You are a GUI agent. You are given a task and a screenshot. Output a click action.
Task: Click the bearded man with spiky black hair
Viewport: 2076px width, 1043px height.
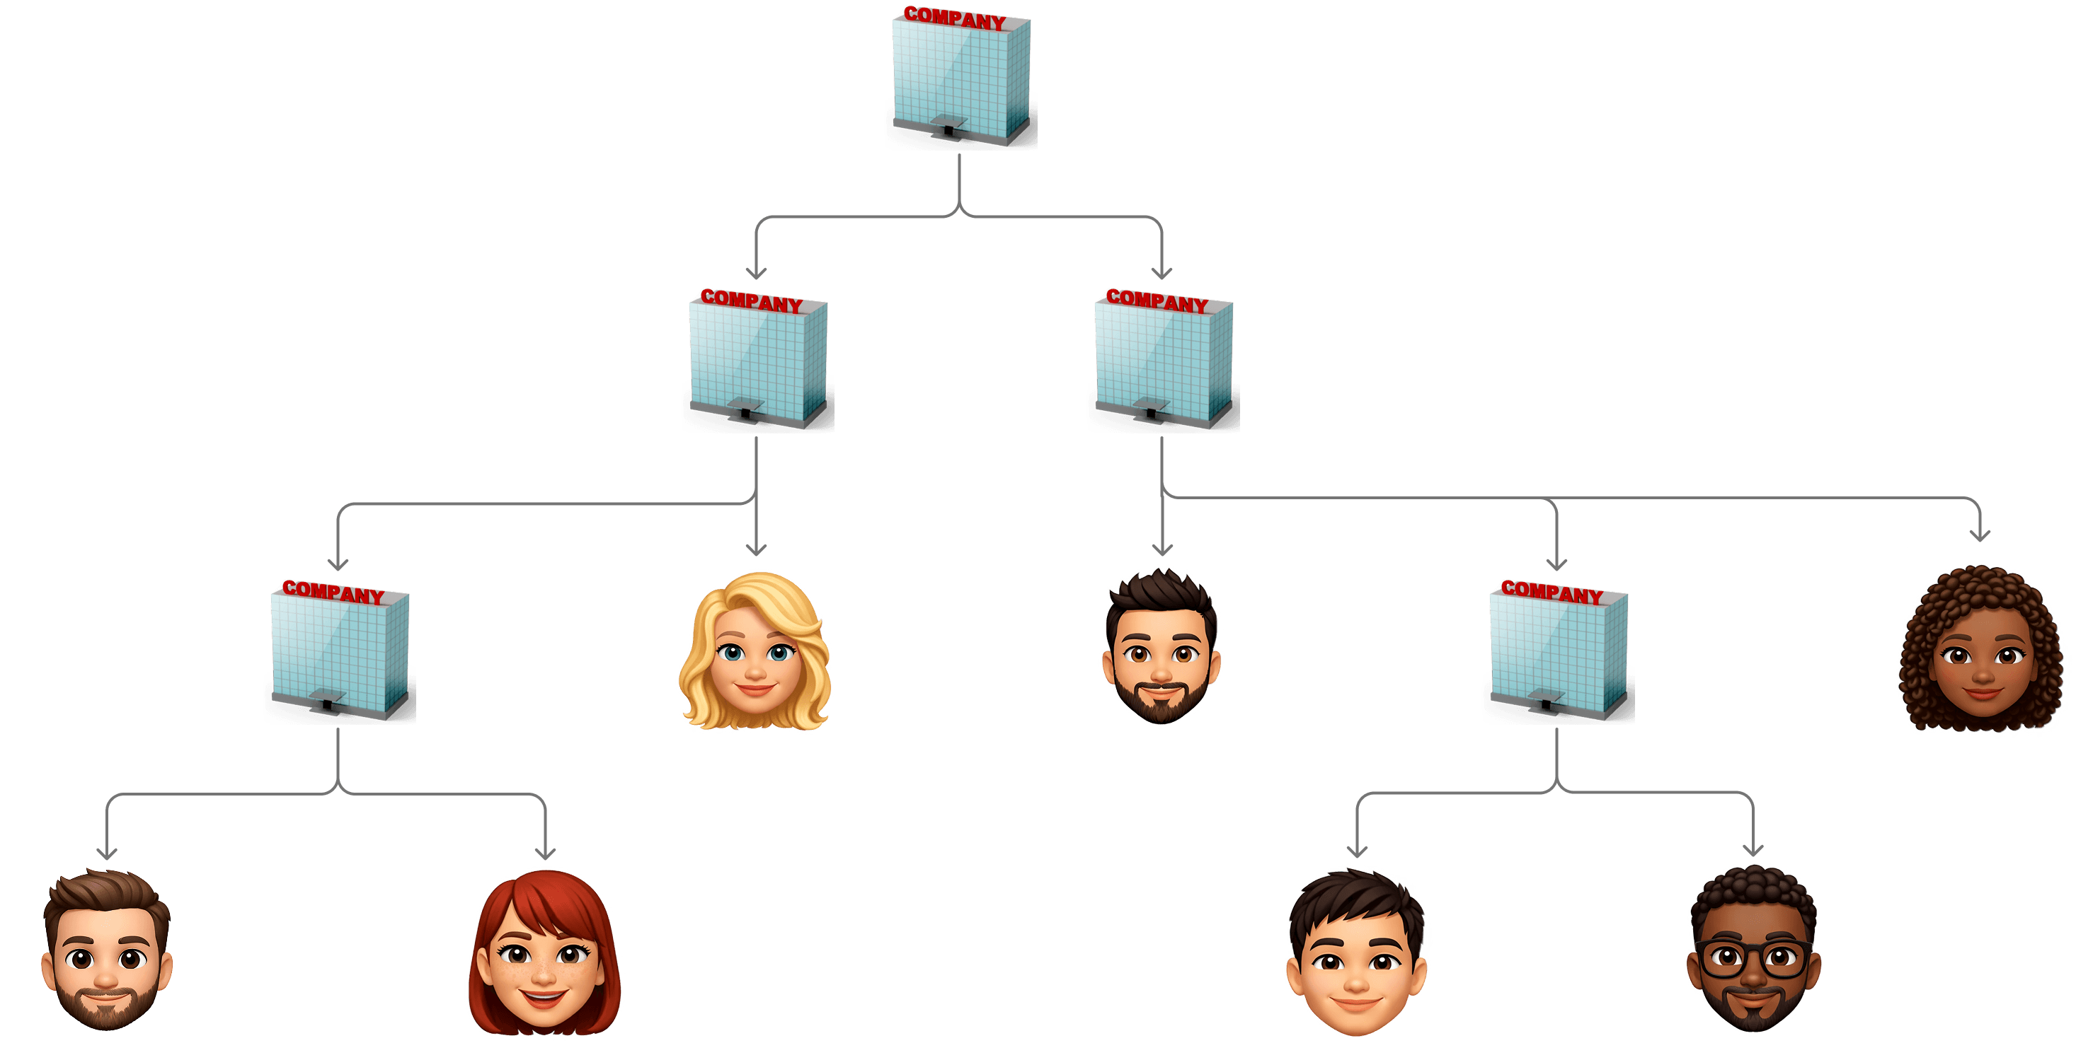(1162, 648)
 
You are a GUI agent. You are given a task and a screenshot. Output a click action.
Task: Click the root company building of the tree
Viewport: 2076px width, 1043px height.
(960, 81)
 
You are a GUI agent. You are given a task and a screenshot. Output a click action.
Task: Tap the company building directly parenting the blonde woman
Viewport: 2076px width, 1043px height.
(757, 363)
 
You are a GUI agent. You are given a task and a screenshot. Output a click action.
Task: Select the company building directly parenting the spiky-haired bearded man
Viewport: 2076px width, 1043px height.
(1162, 363)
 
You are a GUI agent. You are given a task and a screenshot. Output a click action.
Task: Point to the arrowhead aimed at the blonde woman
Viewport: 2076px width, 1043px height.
(756, 549)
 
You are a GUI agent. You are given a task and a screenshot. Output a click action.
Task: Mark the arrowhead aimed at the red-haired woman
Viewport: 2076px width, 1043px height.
(546, 853)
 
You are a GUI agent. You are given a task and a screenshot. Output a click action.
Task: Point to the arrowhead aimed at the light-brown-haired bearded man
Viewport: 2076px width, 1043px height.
(107, 853)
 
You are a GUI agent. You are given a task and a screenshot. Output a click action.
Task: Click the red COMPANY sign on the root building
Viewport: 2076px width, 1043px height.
(955, 18)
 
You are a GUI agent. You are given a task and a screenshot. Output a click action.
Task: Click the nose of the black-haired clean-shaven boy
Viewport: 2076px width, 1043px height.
(1355, 983)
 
